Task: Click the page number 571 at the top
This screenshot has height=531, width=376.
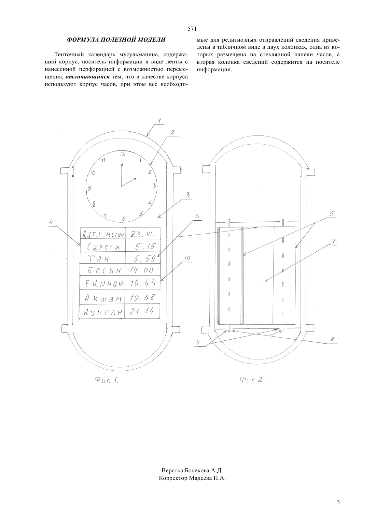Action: [192, 29]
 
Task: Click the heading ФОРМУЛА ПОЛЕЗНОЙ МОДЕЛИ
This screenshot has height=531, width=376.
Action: [116, 40]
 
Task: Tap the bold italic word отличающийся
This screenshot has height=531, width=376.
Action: [87, 77]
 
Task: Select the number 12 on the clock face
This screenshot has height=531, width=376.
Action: [123, 154]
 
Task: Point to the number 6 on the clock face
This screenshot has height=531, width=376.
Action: [124, 218]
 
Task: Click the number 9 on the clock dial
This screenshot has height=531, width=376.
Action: [89, 188]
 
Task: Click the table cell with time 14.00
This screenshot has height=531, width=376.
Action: [142, 269]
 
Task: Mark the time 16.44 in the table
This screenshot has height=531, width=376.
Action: [143, 283]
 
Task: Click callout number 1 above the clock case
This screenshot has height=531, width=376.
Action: [159, 121]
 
